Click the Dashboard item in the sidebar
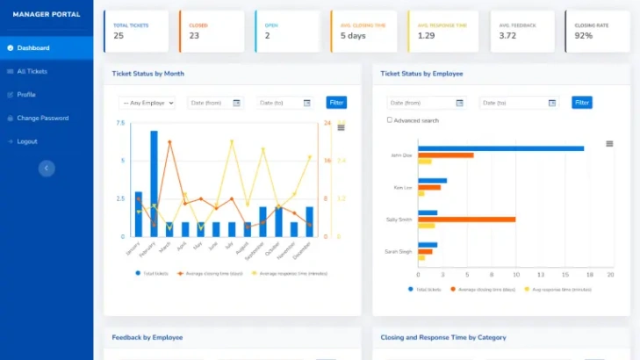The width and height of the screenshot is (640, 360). [33, 47]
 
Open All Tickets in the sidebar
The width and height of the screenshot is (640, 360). [32, 71]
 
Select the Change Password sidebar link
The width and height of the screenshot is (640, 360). [42, 118]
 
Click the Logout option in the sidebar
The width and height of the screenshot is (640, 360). [26, 141]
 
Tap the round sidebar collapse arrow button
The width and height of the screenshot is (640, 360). [47, 168]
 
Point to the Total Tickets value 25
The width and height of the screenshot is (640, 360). [119, 36]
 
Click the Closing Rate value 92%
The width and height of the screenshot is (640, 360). [584, 36]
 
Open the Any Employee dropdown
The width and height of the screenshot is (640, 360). [147, 103]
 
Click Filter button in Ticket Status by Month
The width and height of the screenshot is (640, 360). [336, 103]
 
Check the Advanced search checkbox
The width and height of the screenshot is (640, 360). [390, 120]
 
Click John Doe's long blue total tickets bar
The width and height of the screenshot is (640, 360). [500, 148]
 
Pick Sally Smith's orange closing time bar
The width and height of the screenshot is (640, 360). [466, 219]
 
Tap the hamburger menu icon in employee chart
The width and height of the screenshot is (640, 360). [609, 143]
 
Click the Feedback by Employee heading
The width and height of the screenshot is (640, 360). [148, 337]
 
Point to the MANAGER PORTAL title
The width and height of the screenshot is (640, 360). [47, 14]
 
